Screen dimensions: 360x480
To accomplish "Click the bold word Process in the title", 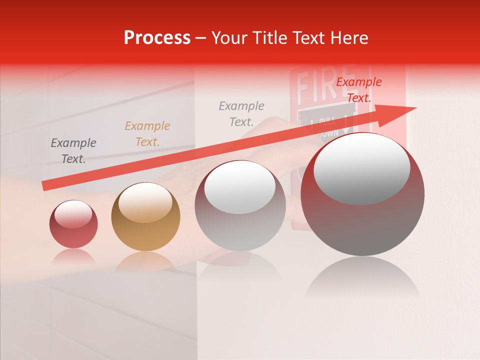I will pos(157,38).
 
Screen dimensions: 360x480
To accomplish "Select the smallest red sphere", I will pos(73,224).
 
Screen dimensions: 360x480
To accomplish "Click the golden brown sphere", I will pos(145,216).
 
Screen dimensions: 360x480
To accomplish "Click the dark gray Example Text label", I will pos(73,151).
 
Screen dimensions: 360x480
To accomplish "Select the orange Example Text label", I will pos(147,134).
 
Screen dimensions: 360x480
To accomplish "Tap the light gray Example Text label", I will pos(241,113).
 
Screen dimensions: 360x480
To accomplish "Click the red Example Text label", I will pos(358,90).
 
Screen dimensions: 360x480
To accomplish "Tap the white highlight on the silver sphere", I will pos(239,187).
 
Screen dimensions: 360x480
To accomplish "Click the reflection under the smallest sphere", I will pos(73,256).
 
